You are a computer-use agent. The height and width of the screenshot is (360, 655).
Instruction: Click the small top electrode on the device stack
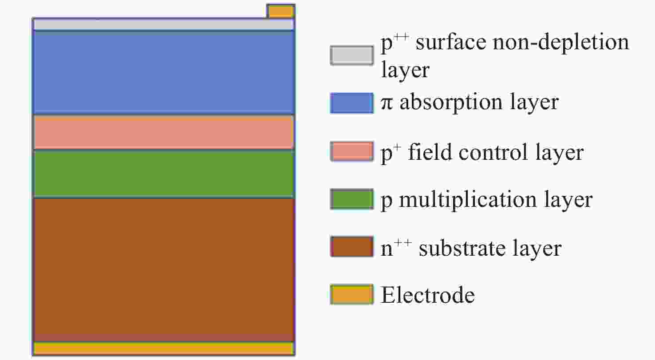pyautogui.click(x=281, y=12)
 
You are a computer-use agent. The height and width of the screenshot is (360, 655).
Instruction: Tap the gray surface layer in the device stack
pyautogui.click(x=164, y=24)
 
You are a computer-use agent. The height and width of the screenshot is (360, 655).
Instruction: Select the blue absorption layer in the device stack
pyautogui.click(x=164, y=72)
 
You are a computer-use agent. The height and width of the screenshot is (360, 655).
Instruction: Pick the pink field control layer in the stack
pyautogui.click(x=164, y=132)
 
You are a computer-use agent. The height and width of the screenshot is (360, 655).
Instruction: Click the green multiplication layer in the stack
pyautogui.click(x=164, y=174)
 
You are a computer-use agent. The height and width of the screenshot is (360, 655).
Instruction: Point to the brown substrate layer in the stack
pyautogui.click(x=164, y=269)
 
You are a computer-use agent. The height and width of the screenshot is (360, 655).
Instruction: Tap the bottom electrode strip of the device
pyautogui.click(x=164, y=348)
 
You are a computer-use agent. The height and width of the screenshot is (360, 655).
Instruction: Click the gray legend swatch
pyautogui.click(x=352, y=55)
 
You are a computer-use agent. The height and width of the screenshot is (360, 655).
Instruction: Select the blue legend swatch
pyautogui.click(x=352, y=103)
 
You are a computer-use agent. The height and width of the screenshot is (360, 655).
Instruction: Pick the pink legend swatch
pyautogui.click(x=352, y=151)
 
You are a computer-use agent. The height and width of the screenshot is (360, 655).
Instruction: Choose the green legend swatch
pyautogui.click(x=352, y=199)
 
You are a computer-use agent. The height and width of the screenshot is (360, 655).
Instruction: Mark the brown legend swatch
pyautogui.click(x=352, y=246)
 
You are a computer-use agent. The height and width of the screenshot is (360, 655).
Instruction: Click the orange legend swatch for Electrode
pyautogui.click(x=352, y=294)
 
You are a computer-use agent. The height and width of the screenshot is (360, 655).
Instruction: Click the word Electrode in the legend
pyautogui.click(x=428, y=295)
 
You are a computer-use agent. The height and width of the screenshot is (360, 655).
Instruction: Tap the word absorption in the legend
pyautogui.click(x=451, y=103)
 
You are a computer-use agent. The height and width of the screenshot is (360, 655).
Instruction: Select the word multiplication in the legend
pyautogui.click(x=468, y=200)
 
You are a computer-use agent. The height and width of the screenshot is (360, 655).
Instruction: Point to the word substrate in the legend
pyautogui.click(x=462, y=248)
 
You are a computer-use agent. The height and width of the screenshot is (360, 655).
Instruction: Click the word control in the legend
pyautogui.click(x=493, y=152)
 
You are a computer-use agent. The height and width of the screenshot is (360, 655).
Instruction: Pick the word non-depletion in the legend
pyautogui.click(x=560, y=43)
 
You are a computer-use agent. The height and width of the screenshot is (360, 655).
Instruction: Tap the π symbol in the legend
pyautogui.click(x=387, y=103)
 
